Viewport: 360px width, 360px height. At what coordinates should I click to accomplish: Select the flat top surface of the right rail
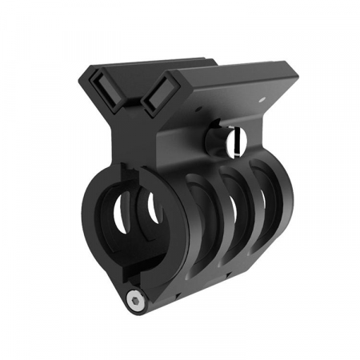(x=232, y=80)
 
